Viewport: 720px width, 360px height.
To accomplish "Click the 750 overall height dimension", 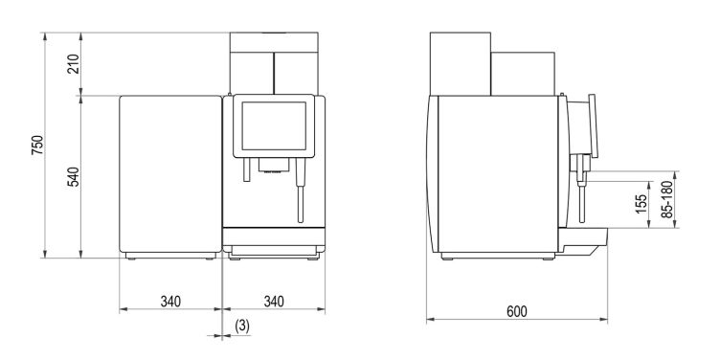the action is coord(37,146).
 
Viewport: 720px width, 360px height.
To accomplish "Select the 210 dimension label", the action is coord(74,64).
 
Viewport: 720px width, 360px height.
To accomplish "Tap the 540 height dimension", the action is coord(74,177).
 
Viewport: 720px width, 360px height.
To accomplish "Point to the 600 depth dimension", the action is coord(517,311).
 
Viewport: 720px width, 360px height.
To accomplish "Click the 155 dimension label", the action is coord(641,204).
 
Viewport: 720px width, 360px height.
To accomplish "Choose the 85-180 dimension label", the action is coord(668,199).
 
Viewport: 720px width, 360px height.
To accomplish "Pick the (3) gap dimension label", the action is coord(242,326).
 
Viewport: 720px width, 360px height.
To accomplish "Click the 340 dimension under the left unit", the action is coord(170,302).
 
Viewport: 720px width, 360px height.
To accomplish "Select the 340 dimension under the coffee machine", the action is coord(274,302).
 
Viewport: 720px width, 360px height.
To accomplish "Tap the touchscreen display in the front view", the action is coord(274,125).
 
